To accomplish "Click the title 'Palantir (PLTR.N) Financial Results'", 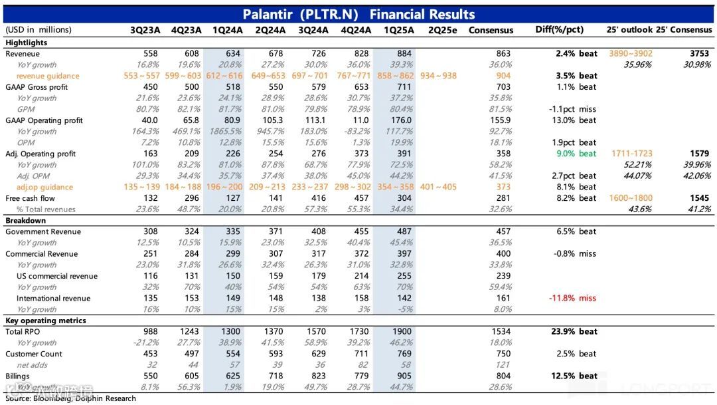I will pos(358,14).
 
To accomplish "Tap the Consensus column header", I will pos(491,30).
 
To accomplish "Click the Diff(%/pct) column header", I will pos(560,30).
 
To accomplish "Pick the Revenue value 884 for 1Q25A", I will pos(402,54).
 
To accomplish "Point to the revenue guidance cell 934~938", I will pos(438,76).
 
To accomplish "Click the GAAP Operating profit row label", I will pos(44,120).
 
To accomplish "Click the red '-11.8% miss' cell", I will pos(572,299).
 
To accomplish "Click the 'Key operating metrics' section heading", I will pos(46,321).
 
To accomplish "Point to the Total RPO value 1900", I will pos(402,332).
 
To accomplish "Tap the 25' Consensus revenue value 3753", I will pos(698,54).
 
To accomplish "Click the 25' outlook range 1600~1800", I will pos(631,198).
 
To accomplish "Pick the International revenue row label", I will pos(53,299).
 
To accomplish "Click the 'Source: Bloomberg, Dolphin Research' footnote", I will pos(70,398).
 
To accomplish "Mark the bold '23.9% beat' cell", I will pos(572,332).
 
